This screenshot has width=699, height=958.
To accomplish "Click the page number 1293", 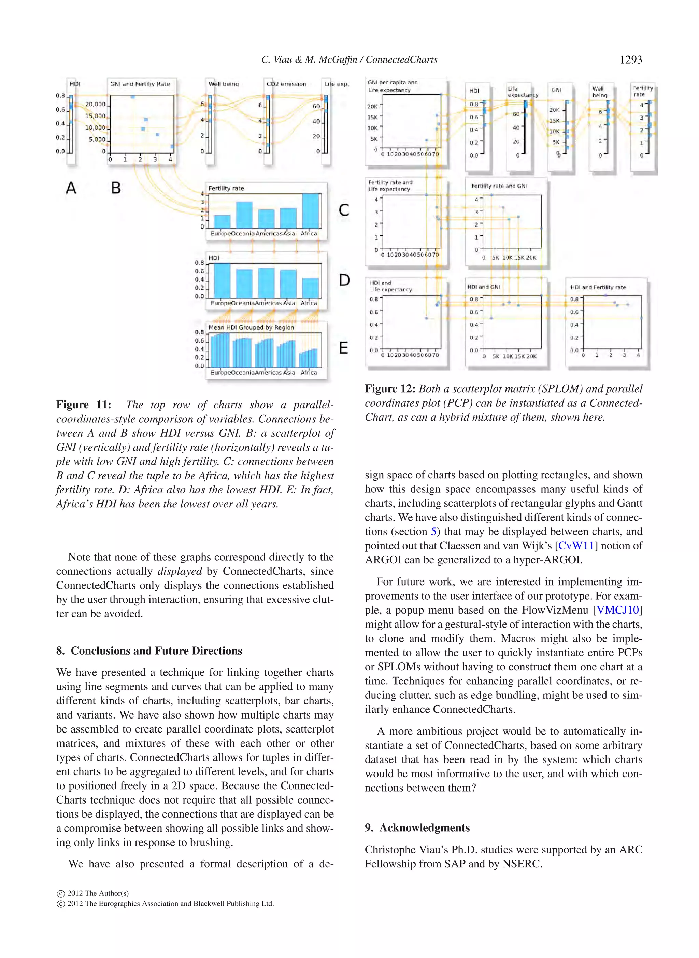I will tap(630, 60).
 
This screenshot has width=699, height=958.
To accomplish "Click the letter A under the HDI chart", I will tap(71, 188).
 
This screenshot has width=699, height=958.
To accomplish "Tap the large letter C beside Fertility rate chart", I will tap(344, 210).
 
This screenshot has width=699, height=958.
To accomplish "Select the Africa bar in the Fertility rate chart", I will tap(310, 211).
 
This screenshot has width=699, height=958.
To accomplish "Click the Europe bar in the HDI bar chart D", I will tap(222, 280).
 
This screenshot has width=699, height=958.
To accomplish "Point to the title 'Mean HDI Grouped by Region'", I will tap(251, 327).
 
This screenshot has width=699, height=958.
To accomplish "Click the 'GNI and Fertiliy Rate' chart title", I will tap(140, 84).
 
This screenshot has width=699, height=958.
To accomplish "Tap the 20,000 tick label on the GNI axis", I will tap(95, 104).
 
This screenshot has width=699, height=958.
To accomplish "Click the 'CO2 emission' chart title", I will tap(286, 84).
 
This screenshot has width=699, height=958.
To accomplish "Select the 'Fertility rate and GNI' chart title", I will tap(499, 186).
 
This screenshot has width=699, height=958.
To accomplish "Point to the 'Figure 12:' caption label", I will tap(390, 389).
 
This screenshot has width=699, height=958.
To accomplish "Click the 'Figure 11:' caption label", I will tap(83, 405).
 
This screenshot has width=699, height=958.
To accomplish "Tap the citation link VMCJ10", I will tap(617, 610).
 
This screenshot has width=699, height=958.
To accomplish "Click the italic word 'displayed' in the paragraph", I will tap(180, 571).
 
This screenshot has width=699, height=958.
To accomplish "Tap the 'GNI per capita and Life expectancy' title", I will tap(392, 86).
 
